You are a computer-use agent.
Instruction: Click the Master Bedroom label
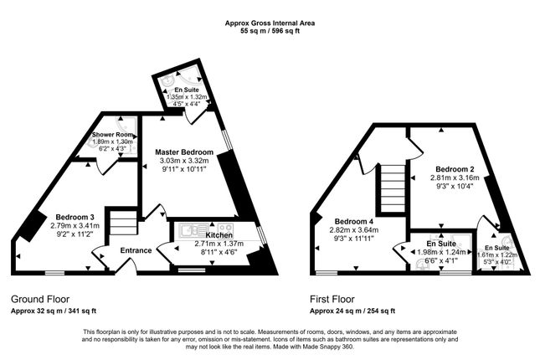pyautogui.click(x=184, y=152)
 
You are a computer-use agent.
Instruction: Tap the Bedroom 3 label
pyautogui.click(x=75, y=217)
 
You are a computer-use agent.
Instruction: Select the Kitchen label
pyautogui.click(x=219, y=235)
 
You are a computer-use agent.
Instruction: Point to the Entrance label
pyautogui.click(x=136, y=250)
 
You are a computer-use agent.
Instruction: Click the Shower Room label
pyautogui.click(x=112, y=134)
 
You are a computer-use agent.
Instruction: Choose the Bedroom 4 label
pyautogui.click(x=353, y=221)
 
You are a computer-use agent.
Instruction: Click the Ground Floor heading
pyautogui.click(x=40, y=299)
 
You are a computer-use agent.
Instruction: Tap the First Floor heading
pyautogui.click(x=332, y=299)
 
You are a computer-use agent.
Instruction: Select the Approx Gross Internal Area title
pyautogui.click(x=270, y=23)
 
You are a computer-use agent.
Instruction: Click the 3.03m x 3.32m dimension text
pyautogui.click(x=184, y=161)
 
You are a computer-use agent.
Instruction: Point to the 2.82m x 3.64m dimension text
pyautogui.click(x=354, y=229)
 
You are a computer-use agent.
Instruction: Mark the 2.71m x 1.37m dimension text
pyautogui.click(x=219, y=244)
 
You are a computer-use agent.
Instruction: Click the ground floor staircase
pyautogui.click(x=124, y=224)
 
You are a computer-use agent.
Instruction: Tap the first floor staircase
pyautogui.click(x=393, y=188)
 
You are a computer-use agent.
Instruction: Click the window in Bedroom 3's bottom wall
pyautogui.click(x=54, y=273)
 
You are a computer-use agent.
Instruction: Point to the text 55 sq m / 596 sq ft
pyautogui.click(x=270, y=31)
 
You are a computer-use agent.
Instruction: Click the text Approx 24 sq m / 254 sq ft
pyautogui.click(x=352, y=311)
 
